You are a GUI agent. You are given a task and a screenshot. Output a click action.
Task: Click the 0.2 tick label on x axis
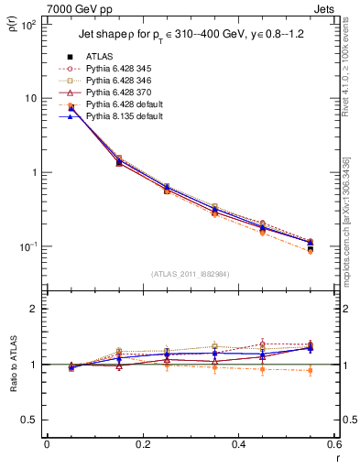point(143,444)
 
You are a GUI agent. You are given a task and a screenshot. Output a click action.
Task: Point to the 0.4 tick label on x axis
point(238,444)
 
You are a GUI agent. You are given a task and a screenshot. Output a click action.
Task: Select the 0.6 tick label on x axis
point(333,444)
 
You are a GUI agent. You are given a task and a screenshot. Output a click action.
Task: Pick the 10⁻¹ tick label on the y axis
point(28,247)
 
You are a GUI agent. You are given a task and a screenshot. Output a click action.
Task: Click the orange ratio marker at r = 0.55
point(310,371)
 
